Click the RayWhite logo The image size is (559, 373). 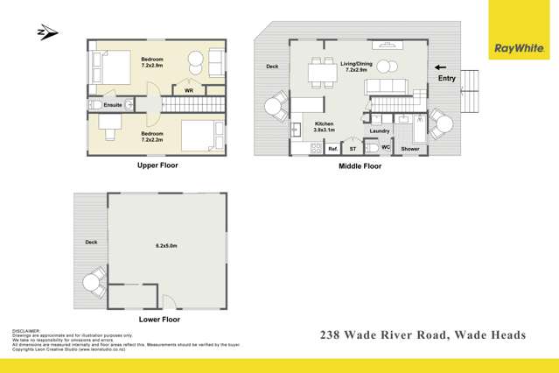[518, 48]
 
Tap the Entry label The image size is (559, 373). [446, 79]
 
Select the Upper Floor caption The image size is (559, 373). [158, 165]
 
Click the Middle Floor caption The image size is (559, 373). [360, 165]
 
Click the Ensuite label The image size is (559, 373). [113, 105]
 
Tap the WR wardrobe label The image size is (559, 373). [189, 90]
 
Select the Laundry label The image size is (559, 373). [380, 131]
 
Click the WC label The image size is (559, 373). [386, 147]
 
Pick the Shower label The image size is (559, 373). [410, 149]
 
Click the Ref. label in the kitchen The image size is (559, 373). [333, 149]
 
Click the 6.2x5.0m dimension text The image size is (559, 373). [165, 246]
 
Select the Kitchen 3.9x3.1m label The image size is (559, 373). [325, 128]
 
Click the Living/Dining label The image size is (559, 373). [355, 63]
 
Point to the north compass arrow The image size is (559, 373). [47, 33]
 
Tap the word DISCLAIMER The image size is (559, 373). [27, 331]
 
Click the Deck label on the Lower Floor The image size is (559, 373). [91, 243]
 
